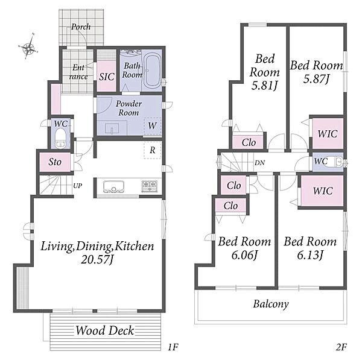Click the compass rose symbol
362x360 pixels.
coord(28,47)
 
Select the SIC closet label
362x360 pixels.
coord(107,77)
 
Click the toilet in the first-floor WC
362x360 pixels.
coord(60,137)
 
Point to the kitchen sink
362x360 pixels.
coord(113,187)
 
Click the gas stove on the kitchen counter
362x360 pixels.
coord(150,186)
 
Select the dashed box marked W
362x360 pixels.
coord(153,126)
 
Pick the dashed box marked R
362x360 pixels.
coord(153,150)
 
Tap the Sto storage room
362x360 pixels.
coord(55,162)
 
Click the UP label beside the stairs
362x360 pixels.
coord(78,186)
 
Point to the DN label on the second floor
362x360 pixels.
coord(259,163)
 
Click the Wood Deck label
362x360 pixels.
coord(105,330)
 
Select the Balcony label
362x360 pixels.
coord(271,304)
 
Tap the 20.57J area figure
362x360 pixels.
coord(97,260)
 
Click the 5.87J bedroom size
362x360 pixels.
coord(316,79)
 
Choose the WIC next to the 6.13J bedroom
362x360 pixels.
coord(323,191)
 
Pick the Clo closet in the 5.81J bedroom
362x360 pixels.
coord(248,142)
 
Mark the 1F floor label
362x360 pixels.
coord(173,347)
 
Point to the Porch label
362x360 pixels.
coord(81,27)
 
